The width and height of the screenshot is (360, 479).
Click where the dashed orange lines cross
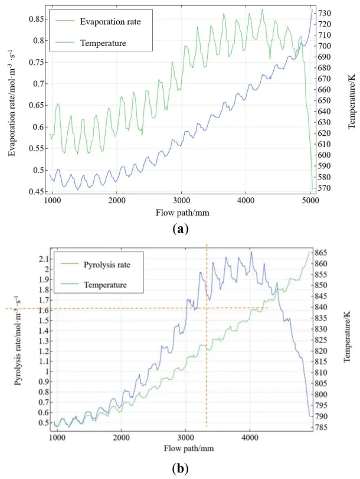207,308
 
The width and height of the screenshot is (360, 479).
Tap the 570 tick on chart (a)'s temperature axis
330,188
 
